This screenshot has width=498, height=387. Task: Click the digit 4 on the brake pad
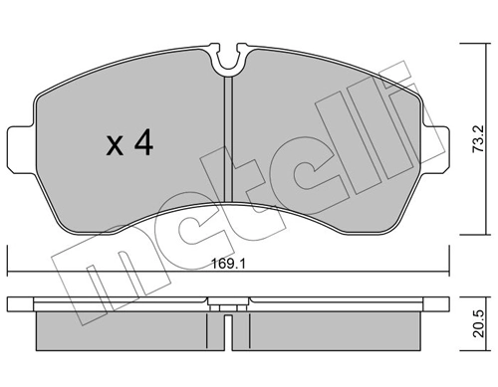142,145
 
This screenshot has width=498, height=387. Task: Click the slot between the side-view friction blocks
229,327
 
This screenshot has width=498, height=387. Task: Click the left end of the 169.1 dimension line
7,275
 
